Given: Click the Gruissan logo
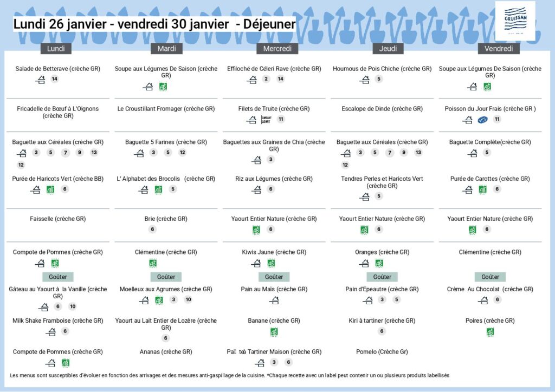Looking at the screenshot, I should (x=515, y=21).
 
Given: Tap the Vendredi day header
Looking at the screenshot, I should (x=499, y=49).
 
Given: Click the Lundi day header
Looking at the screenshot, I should (x=56, y=49).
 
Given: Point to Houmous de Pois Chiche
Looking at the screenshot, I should (x=382, y=69).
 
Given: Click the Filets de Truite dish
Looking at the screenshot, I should (x=274, y=109).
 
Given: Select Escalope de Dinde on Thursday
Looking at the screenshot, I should (x=382, y=109).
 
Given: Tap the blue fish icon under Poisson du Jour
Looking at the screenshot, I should (x=483, y=120).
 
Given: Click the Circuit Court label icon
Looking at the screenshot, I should (x=266, y=119).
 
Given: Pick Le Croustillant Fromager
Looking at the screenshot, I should (x=166, y=109).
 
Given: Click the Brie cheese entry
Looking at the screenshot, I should (x=166, y=219).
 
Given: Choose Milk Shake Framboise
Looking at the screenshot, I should (x=57, y=321).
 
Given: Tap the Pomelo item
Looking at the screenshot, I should (x=382, y=352).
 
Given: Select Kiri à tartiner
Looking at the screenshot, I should (x=382, y=321).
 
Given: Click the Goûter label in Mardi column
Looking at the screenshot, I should (x=166, y=277).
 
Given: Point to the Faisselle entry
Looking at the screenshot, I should (x=57, y=219).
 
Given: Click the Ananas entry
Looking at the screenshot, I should (x=166, y=352).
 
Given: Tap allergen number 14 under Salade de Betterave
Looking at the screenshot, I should (x=54, y=79).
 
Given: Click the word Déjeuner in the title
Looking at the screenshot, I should (x=269, y=24).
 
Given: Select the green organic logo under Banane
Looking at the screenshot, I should (x=274, y=332).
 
